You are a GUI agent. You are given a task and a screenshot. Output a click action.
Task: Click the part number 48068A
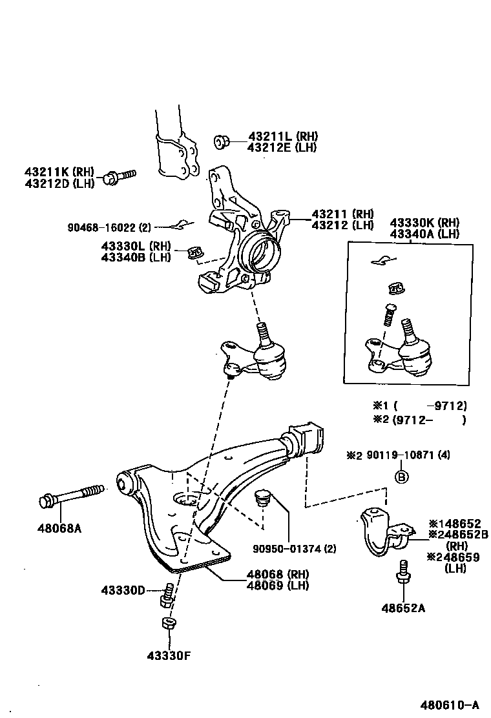pyautogui.click(x=60, y=528)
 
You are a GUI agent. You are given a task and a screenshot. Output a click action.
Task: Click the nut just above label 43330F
pyautogui.click(x=167, y=624)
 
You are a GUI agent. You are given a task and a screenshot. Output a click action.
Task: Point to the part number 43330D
pyautogui.click(x=123, y=590)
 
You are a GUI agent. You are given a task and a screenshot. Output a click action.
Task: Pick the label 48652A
pyautogui.click(x=403, y=608)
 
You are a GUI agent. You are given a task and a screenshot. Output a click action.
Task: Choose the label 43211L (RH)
pyautogui.click(x=283, y=136)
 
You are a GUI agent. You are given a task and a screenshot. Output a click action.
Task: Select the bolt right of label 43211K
pyautogui.click(x=121, y=176)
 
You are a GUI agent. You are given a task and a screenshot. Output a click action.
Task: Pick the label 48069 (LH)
pyautogui.click(x=277, y=585)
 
